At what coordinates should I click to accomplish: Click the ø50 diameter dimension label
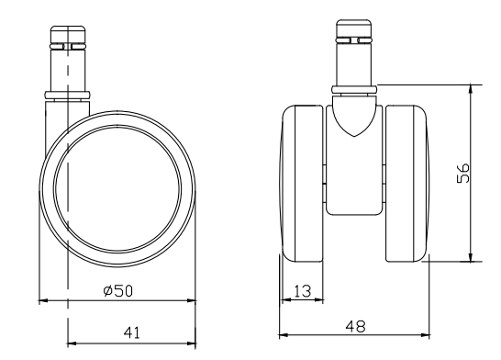pos(117,290)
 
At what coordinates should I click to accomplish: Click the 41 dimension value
pos(131,332)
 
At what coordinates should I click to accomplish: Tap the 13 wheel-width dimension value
pos(302,291)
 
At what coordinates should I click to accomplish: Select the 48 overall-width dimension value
pos(355,326)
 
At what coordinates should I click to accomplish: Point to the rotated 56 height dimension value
pos(463,173)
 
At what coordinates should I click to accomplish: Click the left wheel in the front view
pos(303,184)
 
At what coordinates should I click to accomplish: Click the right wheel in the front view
pos(406,184)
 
